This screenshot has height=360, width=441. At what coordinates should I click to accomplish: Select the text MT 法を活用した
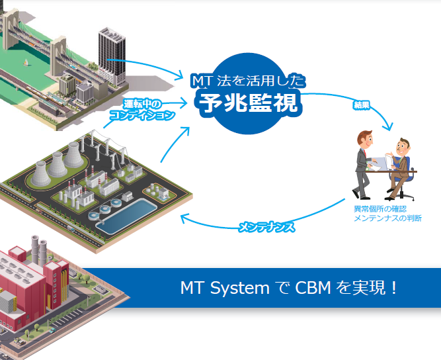248,81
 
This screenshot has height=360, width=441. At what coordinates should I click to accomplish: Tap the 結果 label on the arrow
361,105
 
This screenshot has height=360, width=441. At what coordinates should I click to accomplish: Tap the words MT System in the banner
225,289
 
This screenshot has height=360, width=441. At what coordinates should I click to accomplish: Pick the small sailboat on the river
27,63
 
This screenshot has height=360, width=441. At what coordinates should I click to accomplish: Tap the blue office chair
409,175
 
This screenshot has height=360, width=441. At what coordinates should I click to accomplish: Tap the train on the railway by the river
40,99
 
